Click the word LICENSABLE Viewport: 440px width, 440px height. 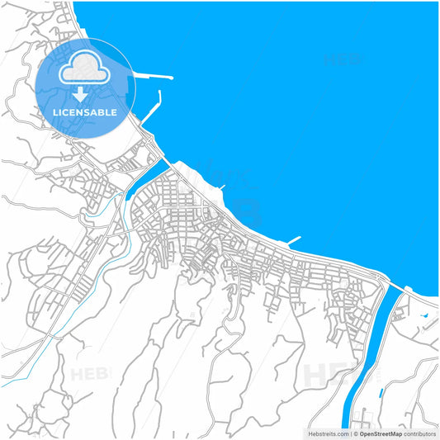click(x=86, y=112)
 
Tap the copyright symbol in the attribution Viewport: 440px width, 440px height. click(x=355, y=433)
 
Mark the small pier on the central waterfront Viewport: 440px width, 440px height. click(x=294, y=240)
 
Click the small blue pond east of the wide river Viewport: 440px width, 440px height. click(x=423, y=315)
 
